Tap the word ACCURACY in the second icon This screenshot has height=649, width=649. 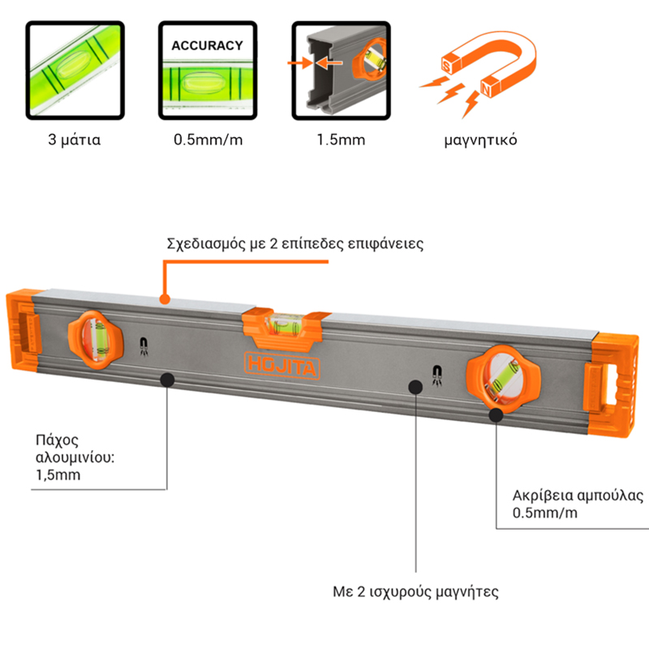206,45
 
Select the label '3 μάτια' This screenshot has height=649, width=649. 74,140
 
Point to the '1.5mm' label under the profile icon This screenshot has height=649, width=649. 341,140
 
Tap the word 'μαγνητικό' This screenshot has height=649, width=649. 481,140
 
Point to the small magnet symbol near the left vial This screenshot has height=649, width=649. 144,346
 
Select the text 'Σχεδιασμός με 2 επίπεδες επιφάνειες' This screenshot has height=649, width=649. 295,243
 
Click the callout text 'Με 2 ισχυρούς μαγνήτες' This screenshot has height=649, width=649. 416,590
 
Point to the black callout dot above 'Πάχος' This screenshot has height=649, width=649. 167,378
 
